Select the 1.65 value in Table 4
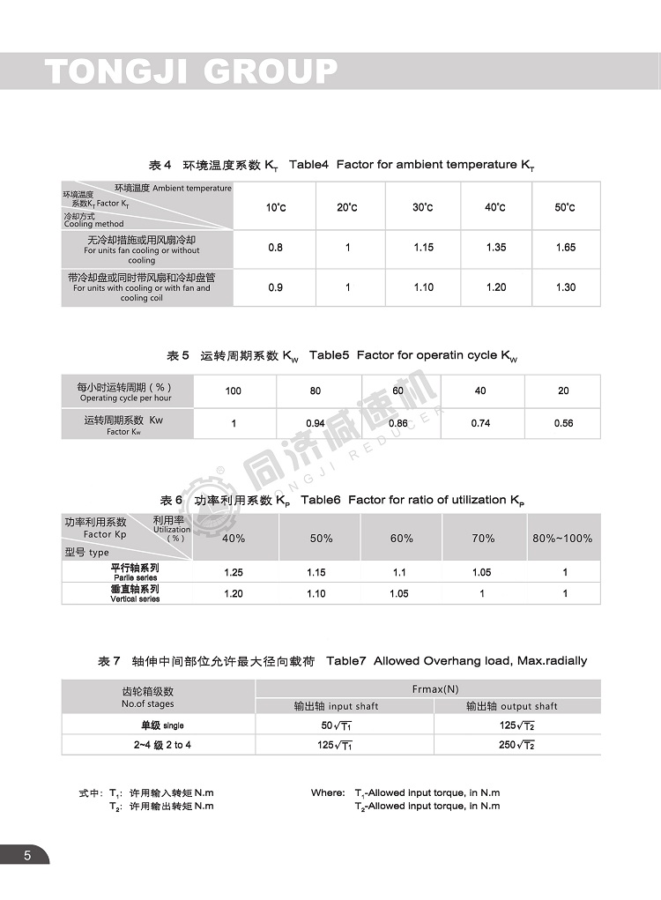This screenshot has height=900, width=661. pyautogui.click(x=565, y=248)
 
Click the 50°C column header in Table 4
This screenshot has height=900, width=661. pyautogui.click(x=565, y=207)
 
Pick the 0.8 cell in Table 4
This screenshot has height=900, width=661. pyautogui.click(x=276, y=248)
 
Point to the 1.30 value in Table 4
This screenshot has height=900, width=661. pyautogui.click(x=565, y=287)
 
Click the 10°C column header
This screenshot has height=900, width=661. pyautogui.click(x=276, y=207)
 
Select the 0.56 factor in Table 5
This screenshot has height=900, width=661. pyautogui.click(x=563, y=423)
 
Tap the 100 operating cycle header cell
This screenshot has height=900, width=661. pyautogui.click(x=233, y=390)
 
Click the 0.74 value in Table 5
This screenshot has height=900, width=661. pyautogui.click(x=480, y=423)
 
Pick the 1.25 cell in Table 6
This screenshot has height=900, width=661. pyautogui.click(x=234, y=573)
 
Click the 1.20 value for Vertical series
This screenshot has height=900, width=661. pyautogui.click(x=234, y=594)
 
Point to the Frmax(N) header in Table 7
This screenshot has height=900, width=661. pyautogui.click(x=435, y=689)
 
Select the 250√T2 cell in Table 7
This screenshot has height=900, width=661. pyautogui.click(x=517, y=746)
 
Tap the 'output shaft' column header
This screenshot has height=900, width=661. pyautogui.click(x=517, y=706)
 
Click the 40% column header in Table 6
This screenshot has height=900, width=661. pyautogui.click(x=234, y=538)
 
